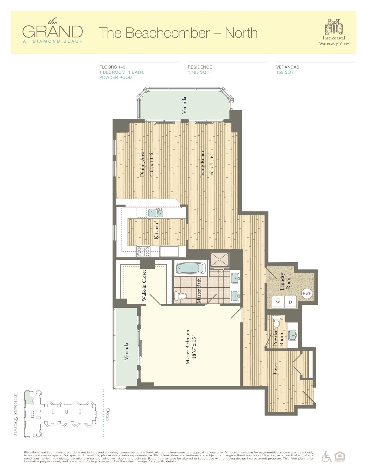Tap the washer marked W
coord(278,302)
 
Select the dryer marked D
coord(290,302)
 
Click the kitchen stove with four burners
coord(143,251)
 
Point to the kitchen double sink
coord(155,213)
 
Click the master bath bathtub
coord(190,268)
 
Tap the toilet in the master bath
coord(181,296)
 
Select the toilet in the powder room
coord(276,322)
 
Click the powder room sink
coord(293,334)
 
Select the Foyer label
coord(275,368)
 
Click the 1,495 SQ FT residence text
coord(200,72)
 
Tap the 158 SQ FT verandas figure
coord(286,72)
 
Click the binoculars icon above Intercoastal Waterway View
coord(334,26)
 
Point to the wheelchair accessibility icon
coord(327,456)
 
